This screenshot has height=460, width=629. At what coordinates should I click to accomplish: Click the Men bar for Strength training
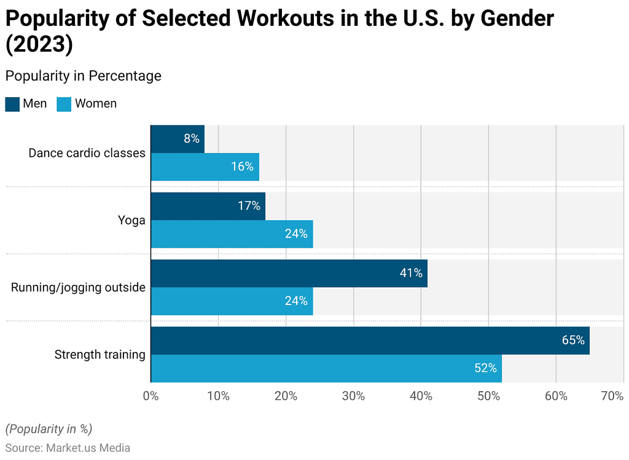coord(370,341)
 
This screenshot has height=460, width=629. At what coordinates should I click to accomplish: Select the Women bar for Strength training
coord(326,368)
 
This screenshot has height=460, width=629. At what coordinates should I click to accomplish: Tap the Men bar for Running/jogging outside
coord(289,274)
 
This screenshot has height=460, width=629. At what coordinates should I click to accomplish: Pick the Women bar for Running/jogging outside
coord(232,301)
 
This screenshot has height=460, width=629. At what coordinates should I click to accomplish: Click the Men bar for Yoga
coord(208,206)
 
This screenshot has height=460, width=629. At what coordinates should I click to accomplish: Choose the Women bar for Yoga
coord(232,234)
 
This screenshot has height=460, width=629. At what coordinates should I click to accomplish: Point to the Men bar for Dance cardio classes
coord(178,139)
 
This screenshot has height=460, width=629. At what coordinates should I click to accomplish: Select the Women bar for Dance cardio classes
coord(205,167)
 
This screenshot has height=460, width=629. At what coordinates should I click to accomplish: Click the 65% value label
coord(572,340)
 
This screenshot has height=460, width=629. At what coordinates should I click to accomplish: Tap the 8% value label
coord(192,139)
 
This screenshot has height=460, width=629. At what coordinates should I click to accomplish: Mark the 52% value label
coord(485,368)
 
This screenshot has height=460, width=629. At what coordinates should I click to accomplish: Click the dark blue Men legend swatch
coord(12,104)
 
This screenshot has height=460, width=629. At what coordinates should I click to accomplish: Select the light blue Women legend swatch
coord(64,104)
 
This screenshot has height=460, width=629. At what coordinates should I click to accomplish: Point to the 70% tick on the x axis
coord(612,397)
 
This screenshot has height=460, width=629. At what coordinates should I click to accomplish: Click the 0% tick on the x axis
coord(151,397)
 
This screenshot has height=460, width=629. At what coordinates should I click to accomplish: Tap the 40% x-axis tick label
coord(421,397)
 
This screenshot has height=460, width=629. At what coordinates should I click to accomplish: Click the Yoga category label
coord(132,220)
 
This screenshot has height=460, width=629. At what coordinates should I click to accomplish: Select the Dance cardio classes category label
coord(87,153)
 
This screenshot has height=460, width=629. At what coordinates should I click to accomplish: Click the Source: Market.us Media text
coord(68,448)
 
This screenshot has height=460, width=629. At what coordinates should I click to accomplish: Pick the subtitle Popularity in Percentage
coord(83,76)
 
